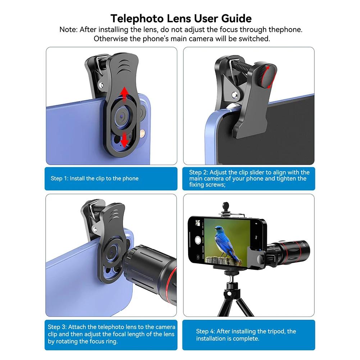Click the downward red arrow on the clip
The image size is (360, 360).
click(124, 140)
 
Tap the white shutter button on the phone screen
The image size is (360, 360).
click(197, 241)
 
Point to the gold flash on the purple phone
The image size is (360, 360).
click(143, 133)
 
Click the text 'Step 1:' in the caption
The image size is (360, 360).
click(59, 178)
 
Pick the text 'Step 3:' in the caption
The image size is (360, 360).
click(57, 327)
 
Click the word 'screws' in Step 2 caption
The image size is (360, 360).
click(214, 185)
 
